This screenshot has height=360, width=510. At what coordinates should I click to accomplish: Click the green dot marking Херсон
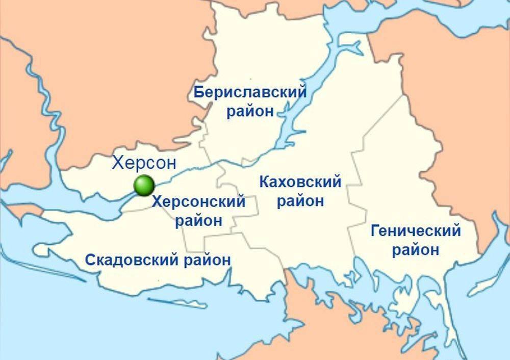pos(144,185)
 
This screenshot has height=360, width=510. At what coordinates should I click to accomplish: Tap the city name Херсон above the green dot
pos(144,163)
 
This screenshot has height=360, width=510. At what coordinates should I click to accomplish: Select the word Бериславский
pos(250,93)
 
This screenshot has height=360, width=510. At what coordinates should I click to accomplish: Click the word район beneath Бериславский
pos(250,111)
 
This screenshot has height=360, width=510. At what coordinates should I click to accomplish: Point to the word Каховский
pos(300,182)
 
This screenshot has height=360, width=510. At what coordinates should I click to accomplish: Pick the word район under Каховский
pos(300,201)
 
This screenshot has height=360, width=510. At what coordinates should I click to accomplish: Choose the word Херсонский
pos(199,202)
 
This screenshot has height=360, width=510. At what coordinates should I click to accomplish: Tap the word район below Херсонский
pos(199,221)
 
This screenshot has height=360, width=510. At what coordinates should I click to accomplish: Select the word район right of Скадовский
pos(206,260)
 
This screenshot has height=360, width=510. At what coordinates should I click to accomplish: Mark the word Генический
pos(416,232)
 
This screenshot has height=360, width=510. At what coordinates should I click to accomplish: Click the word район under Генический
pos(416,250)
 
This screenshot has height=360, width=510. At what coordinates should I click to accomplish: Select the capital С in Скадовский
pos(90,260)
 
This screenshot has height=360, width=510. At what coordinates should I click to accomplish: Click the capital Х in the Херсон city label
pos(118,163)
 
